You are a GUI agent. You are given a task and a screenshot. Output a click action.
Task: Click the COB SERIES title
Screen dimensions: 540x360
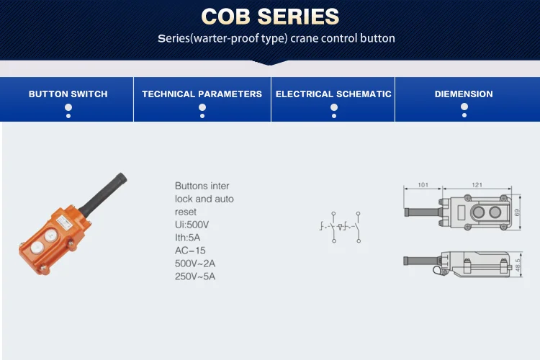click(270, 17)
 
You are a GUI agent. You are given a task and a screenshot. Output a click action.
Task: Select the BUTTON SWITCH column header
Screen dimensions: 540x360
click(68, 94)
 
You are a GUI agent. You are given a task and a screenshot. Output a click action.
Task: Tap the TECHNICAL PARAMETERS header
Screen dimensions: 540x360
click(202, 94)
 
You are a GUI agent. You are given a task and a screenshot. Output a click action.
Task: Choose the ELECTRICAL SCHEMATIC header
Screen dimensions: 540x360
click(333, 94)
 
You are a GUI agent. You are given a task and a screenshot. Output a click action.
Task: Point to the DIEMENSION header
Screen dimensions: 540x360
click(464, 94)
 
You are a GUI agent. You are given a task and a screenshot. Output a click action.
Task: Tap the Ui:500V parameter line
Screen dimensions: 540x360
click(192, 225)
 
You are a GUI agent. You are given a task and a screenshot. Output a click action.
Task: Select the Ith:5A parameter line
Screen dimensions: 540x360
click(187, 238)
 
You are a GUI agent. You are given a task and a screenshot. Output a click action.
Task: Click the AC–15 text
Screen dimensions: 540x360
click(190, 251)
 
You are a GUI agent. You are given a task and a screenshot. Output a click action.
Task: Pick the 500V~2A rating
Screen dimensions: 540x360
click(195, 264)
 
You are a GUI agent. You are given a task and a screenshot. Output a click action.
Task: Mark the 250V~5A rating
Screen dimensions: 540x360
click(195, 276)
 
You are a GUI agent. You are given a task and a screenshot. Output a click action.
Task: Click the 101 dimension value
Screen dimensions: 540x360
click(423, 185)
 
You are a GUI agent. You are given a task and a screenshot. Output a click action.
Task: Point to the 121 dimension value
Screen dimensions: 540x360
click(477, 185)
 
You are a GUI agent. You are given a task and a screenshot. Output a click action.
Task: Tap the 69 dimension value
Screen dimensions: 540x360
click(517, 212)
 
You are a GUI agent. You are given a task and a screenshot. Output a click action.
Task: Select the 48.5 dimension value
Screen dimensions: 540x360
click(518, 264)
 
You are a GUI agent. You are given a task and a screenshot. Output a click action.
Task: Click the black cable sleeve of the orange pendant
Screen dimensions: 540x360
click(103, 194)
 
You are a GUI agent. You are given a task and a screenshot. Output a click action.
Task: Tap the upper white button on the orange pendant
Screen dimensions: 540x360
click(50, 235)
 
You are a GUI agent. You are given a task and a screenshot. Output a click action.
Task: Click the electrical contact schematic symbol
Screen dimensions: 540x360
click(341, 227)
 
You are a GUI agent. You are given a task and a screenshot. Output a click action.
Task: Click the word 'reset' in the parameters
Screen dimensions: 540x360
click(185, 212)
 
